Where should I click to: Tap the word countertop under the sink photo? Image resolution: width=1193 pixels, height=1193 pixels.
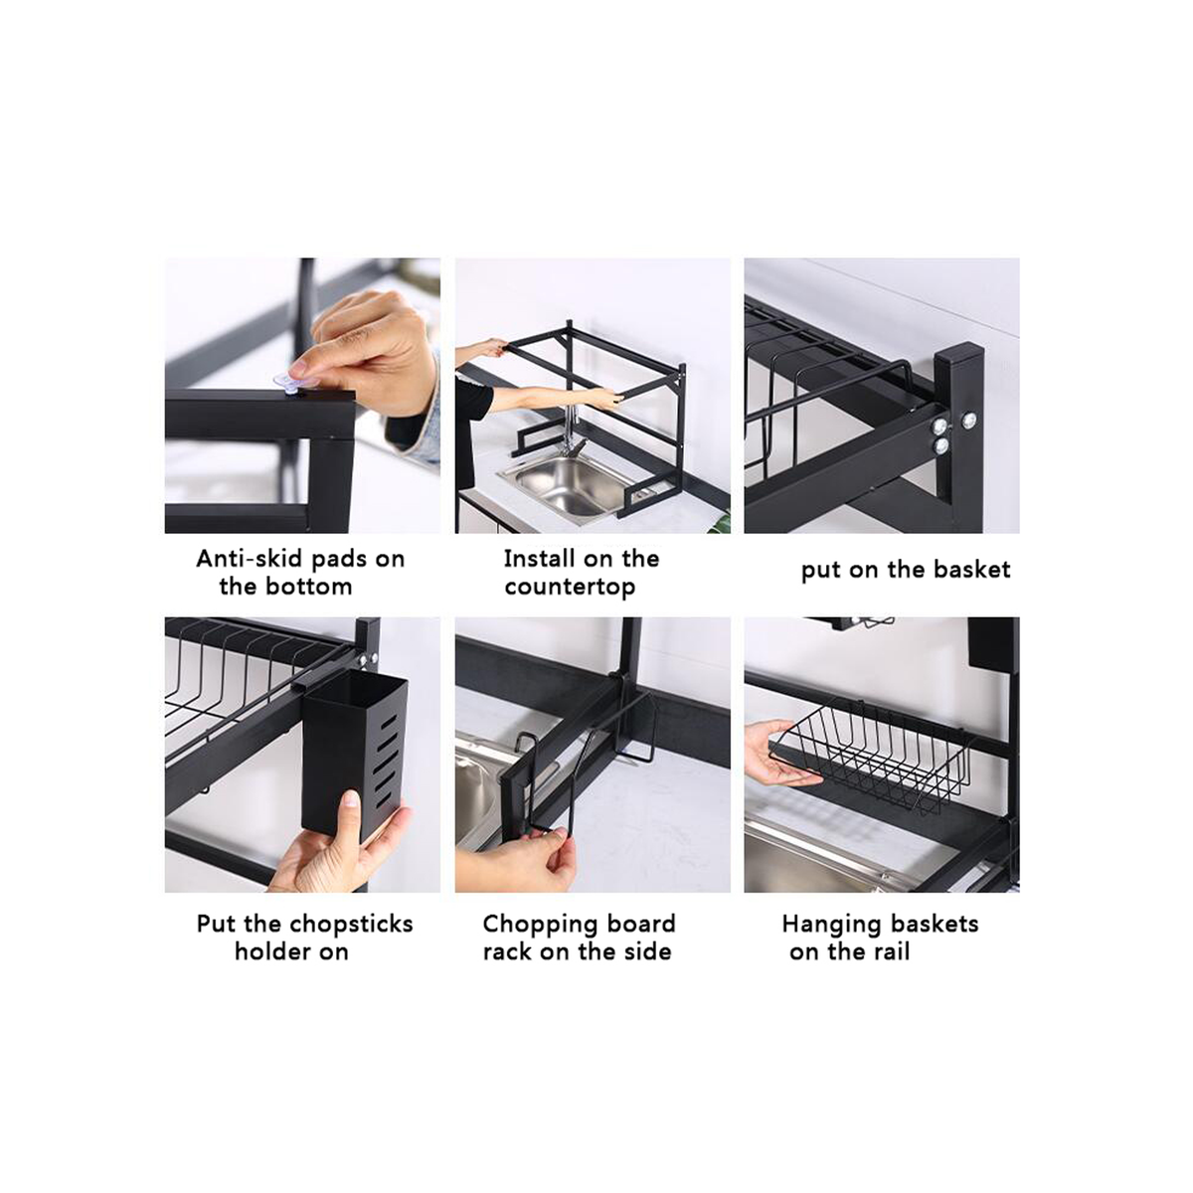pos(570,588)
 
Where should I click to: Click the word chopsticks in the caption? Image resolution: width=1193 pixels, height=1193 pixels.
pos(350,924)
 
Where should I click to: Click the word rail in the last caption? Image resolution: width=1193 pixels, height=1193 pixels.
pos(892,951)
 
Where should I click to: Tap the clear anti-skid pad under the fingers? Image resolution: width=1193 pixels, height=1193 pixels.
pos(289,381)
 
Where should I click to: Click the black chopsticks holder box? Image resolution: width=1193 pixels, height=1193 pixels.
pos(354,759)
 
